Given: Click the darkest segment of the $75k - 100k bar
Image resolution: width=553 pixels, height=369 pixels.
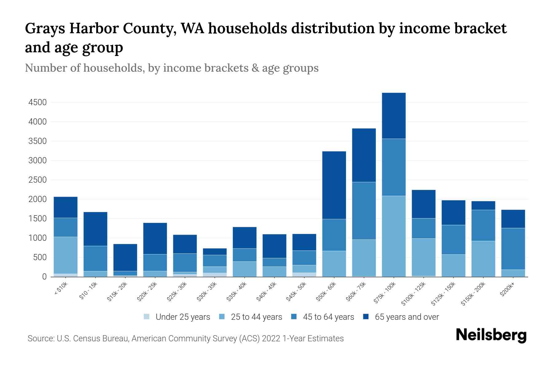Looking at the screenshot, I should pyautogui.click(x=394, y=116).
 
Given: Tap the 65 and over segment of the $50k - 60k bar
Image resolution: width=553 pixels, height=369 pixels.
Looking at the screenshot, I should pyautogui.click(x=334, y=185).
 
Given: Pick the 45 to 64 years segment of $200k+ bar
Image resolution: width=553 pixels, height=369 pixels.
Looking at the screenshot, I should pyautogui.click(x=513, y=249).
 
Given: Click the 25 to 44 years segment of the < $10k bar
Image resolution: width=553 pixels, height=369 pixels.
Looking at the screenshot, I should pyautogui.click(x=65, y=255).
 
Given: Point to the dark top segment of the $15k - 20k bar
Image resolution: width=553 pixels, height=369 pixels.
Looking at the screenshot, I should pyautogui.click(x=125, y=257).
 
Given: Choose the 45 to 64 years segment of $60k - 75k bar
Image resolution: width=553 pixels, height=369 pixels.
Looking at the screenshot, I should pyautogui.click(x=364, y=211).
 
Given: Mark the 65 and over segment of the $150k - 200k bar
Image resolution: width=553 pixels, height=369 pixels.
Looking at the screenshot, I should pyautogui.click(x=483, y=205).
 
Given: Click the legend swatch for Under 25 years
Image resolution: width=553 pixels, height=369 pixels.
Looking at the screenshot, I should pyautogui.click(x=147, y=317).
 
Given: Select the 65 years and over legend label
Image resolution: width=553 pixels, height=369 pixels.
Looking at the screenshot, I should pyautogui.click(x=407, y=317).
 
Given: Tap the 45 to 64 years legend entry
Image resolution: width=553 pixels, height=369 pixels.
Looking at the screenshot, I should pyautogui.click(x=328, y=317).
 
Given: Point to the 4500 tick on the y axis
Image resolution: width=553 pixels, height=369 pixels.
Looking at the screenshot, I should pyautogui.click(x=37, y=102).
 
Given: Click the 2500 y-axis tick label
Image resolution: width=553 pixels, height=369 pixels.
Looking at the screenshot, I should pyautogui.click(x=37, y=180).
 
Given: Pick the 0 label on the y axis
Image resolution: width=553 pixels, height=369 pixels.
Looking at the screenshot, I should pyautogui.click(x=44, y=277).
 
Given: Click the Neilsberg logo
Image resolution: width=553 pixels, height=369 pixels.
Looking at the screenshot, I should pyautogui.click(x=491, y=335).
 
